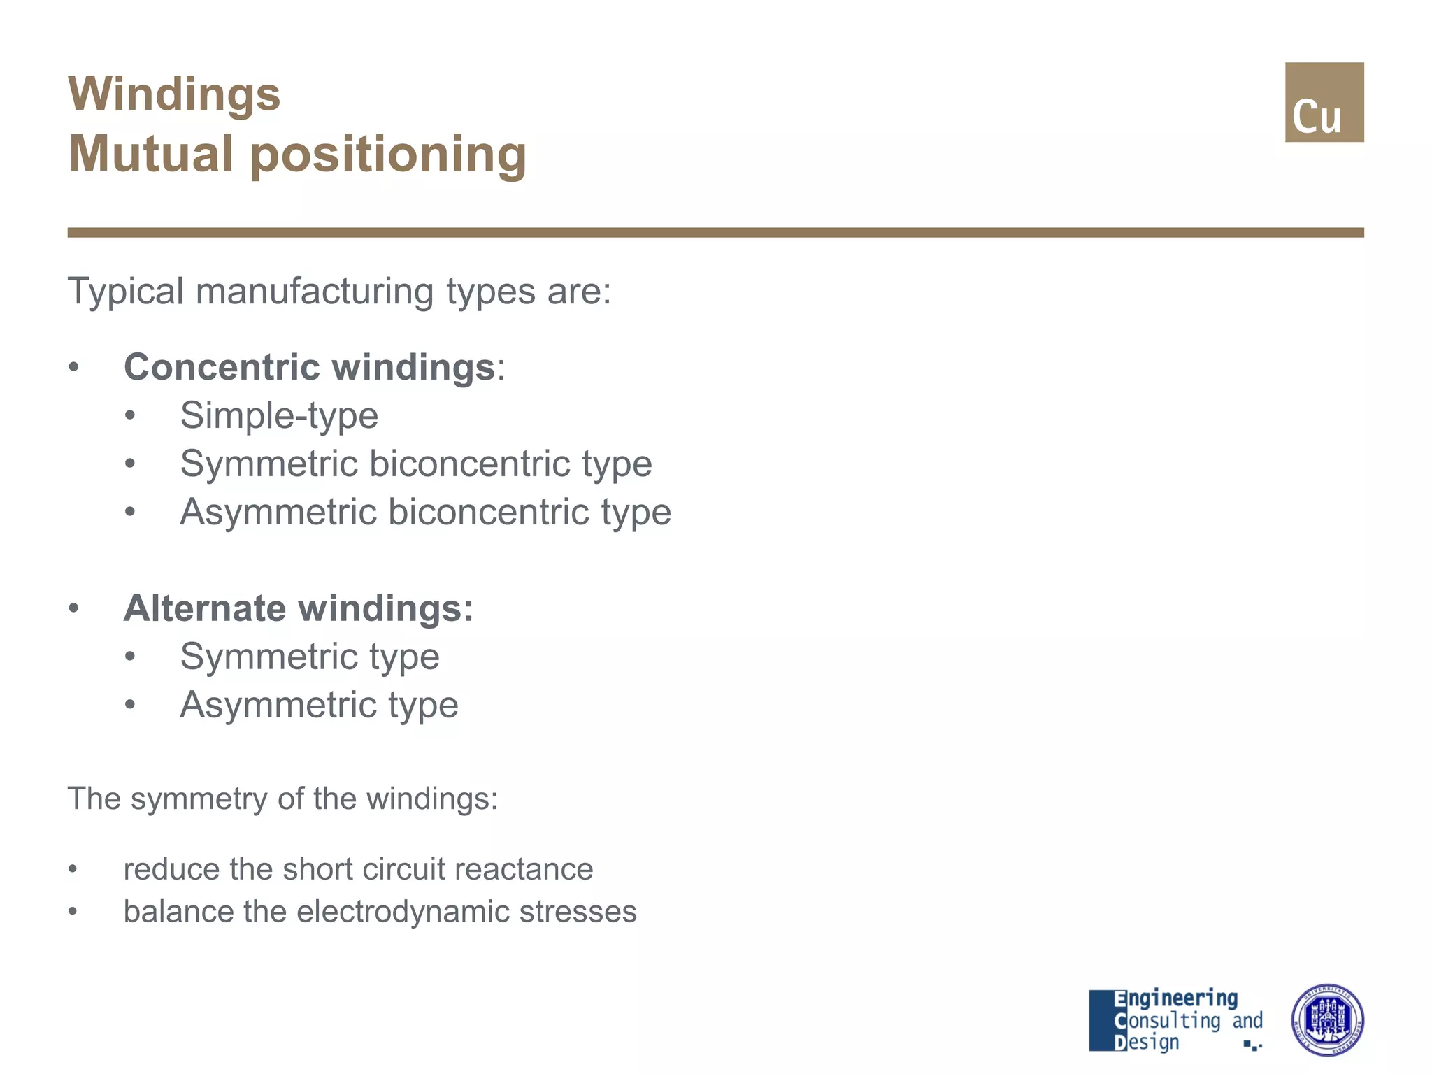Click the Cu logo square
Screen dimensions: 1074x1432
[x=1324, y=102]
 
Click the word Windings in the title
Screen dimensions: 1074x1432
[x=174, y=94]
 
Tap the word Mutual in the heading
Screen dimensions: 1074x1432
[x=150, y=155]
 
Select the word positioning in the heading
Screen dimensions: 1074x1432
[x=388, y=155]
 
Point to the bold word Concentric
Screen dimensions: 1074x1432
[x=222, y=367]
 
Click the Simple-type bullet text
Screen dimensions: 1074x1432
[x=279, y=415]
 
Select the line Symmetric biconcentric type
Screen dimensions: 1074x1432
[x=415, y=464]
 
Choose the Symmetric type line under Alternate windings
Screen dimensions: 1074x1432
[x=309, y=656]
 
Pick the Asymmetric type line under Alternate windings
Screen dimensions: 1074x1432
[x=319, y=704]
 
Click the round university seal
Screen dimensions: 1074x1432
[x=1326, y=1019]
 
